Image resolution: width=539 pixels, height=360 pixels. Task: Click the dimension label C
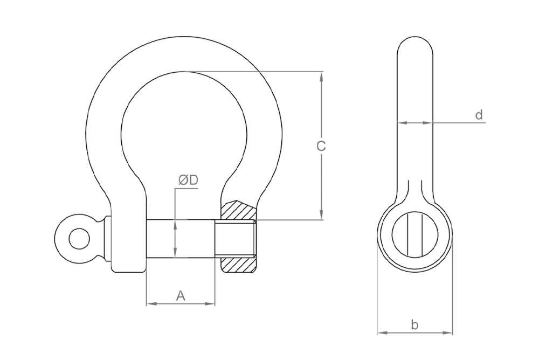pos(321,146)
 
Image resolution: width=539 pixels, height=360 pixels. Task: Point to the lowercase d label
pos(478,115)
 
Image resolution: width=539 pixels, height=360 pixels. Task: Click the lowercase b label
pos(414,324)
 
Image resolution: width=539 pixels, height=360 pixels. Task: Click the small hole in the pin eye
pos(79,238)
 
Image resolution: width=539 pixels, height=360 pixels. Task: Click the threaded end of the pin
pos(236,238)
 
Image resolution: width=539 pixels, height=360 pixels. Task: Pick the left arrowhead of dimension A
pos(150,304)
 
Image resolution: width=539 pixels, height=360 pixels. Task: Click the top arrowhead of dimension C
pos(322,76)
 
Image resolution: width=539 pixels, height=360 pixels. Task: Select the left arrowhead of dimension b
pos(381,333)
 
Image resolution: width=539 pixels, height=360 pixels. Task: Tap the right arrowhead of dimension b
pos(448,333)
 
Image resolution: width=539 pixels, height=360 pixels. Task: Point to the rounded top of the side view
pos(414,43)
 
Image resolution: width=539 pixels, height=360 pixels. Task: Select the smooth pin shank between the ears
pos(181,238)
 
